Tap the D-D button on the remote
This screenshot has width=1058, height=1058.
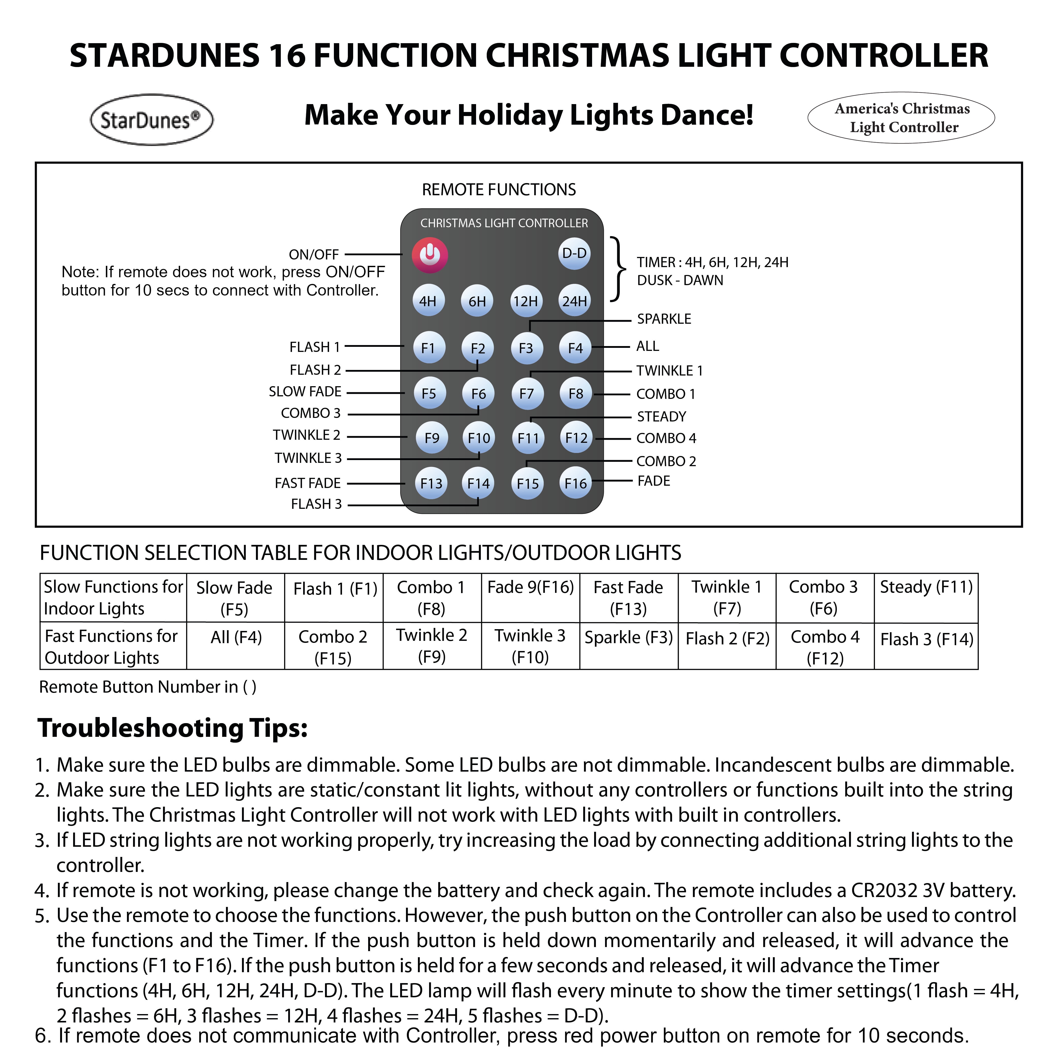[x=575, y=254]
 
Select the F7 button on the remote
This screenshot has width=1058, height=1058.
[x=526, y=394]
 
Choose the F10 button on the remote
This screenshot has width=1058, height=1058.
[x=479, y=438]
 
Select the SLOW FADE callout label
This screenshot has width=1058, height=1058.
[x=305, y=392]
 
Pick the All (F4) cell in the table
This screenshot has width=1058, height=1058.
[x=236, y=638]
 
